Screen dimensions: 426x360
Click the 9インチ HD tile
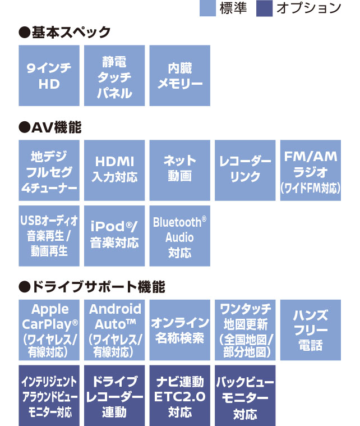pyautogui.click(x=49, y=76)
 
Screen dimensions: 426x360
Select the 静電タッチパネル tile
pyautogui.click(x=114, y=76)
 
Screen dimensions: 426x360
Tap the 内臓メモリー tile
pyautogui.click(x=179, y=76)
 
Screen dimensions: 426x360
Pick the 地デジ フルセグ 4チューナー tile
pyautogui.click(x=49, y=170)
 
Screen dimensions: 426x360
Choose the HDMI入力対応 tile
pyautogui.click(x=114, y=170)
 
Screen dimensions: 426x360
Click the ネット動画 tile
pyautogui.click(x=179, y=170)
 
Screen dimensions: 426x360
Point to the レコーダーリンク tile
pyautogui.click(x=245, y=170)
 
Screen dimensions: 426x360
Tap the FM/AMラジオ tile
pyautogui.click(x=310, y=170)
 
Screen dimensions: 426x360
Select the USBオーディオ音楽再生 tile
pyautogui.click(x=49, y=236)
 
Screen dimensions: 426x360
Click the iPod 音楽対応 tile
pyautogui.click(x=114, y=236)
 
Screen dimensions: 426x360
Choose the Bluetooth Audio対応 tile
pyautogui.click(x=179, y=236)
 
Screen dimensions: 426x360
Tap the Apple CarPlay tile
pyautogui.click(x=49, y=330)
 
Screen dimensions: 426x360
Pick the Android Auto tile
pyautogui.click(x=114, y=330)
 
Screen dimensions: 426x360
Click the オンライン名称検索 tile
pyautogui.click(x=179, y=330)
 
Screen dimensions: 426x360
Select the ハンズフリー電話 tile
pyautogui.click(x=310, y=330)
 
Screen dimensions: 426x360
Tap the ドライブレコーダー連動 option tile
pyautogui.click(x=114, y=396)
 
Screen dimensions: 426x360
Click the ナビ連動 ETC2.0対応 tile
pyautogui.click(x=179, y=396)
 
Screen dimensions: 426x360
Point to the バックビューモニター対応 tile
pyautogui.click(x=245, y=396)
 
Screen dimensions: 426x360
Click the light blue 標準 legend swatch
pyautogui.click(x=207, y=8)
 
